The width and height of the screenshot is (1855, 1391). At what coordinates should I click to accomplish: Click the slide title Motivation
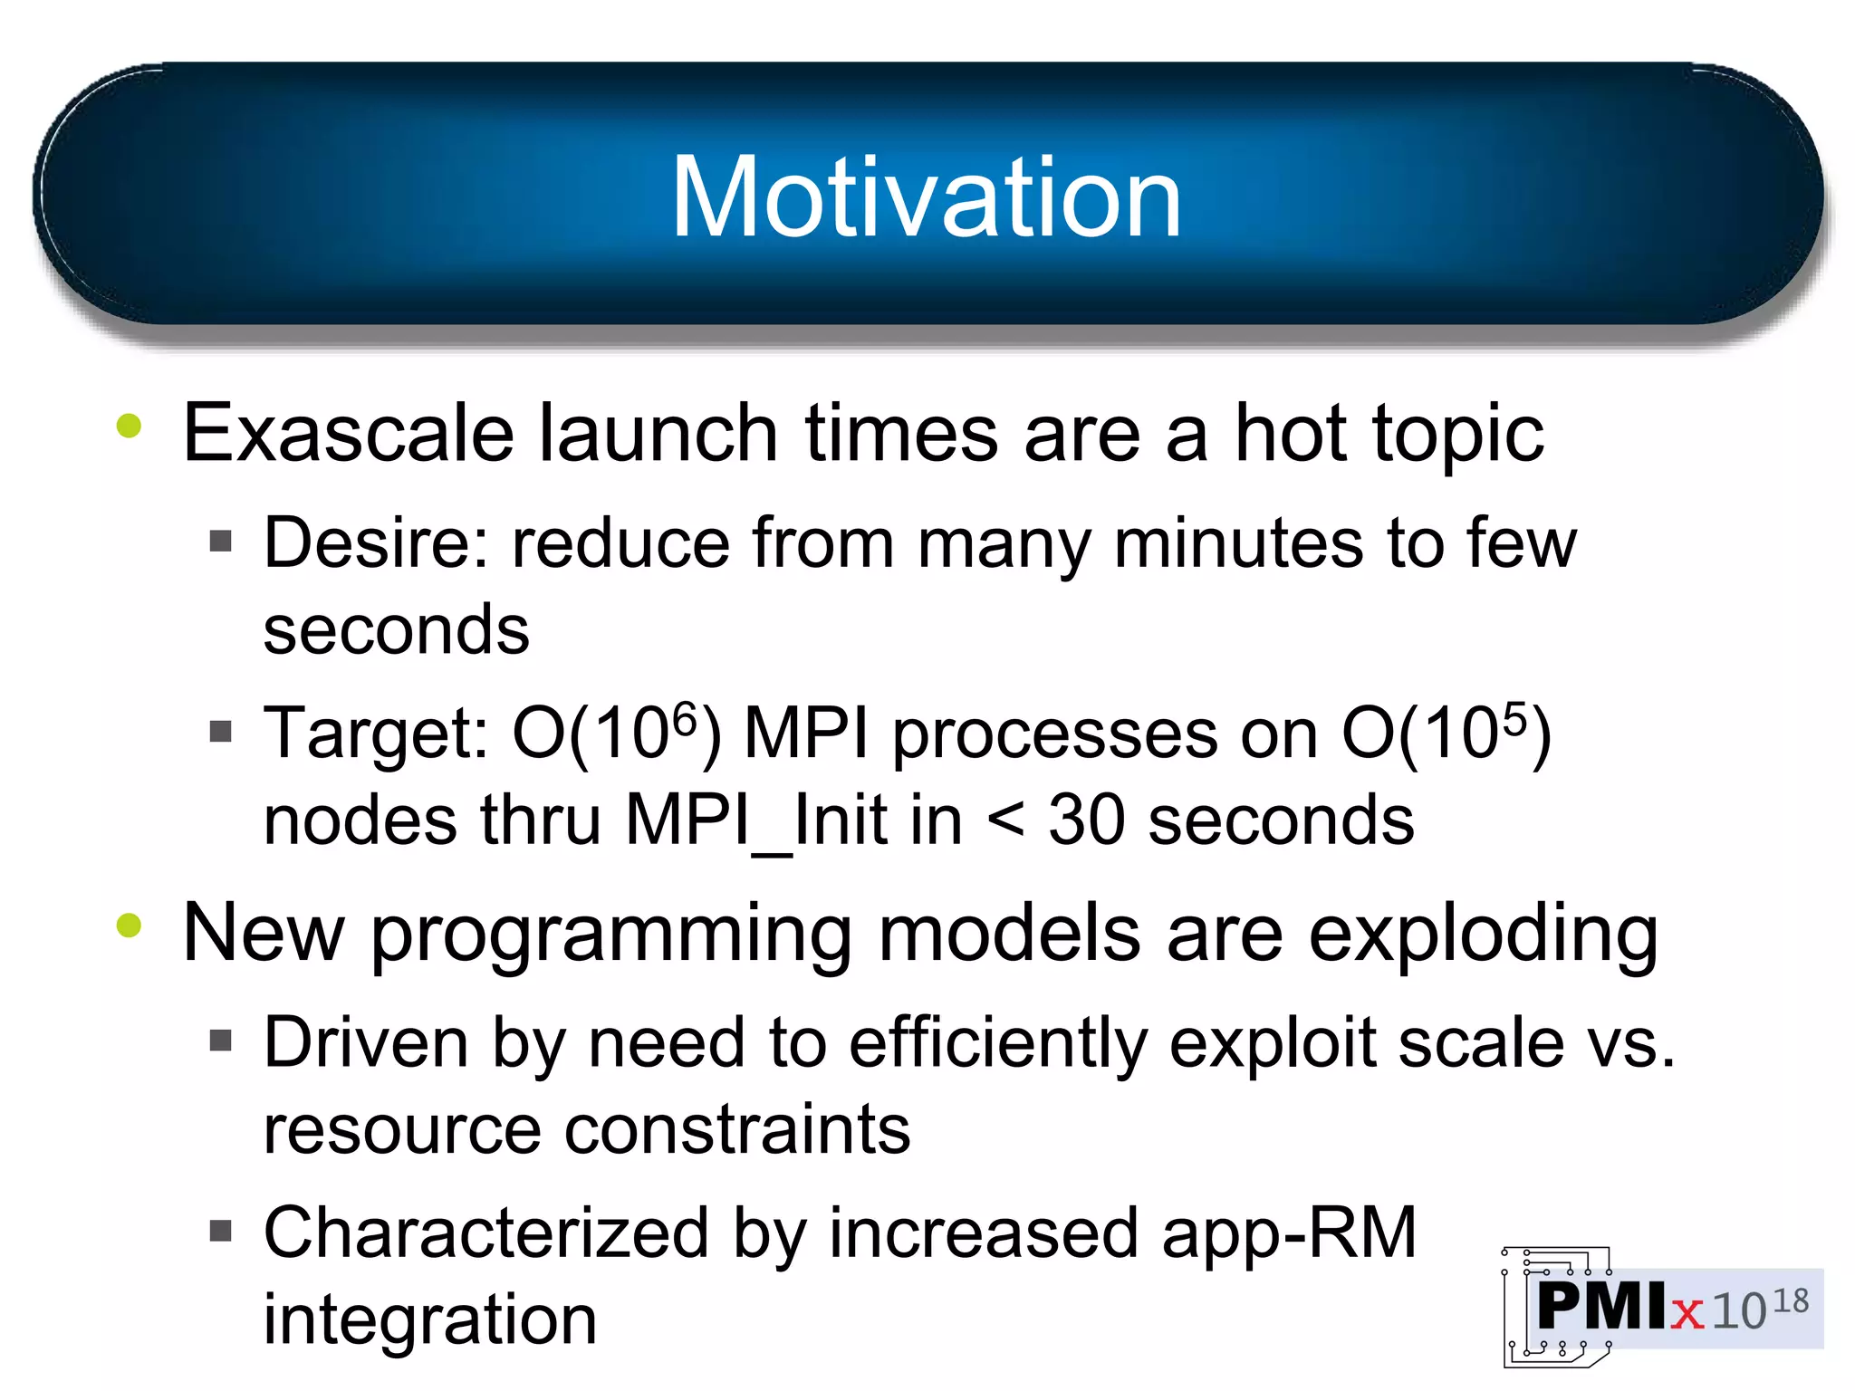[926, 197]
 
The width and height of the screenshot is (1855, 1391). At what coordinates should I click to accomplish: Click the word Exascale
[348, 434]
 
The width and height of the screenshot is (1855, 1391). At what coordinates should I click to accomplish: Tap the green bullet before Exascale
[130, 426]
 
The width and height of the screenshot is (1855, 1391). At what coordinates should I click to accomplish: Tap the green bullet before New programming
[130, 926]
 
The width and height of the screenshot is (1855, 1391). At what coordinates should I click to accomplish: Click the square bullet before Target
[221, 730]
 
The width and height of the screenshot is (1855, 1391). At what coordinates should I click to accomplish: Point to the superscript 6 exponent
[686, 717]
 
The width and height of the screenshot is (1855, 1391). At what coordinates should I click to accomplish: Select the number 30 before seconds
[1085, 820]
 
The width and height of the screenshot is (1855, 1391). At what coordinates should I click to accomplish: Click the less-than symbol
[1005, 820]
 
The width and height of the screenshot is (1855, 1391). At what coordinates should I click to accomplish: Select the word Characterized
[486, 1233]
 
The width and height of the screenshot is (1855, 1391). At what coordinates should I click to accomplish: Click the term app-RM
[1289, 1233]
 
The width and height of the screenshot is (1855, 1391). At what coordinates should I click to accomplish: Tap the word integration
[430, 1320]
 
